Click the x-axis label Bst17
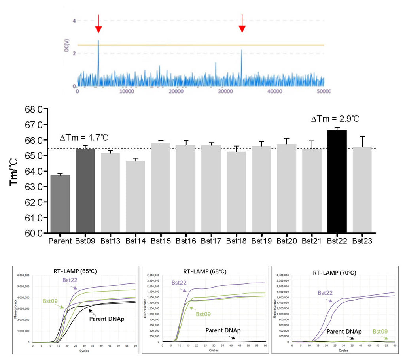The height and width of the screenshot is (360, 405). pyautogui.click(x=211, y=240)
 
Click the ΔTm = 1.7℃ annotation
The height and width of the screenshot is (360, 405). pyautogui.click(x=84, y=138)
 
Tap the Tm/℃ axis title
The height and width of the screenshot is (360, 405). pyautogui.click(x=14, y=171)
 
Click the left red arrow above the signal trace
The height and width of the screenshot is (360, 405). pyautogui.click(x=98, y=25)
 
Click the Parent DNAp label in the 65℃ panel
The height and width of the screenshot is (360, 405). pyautogui.click(x=107, y=318)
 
